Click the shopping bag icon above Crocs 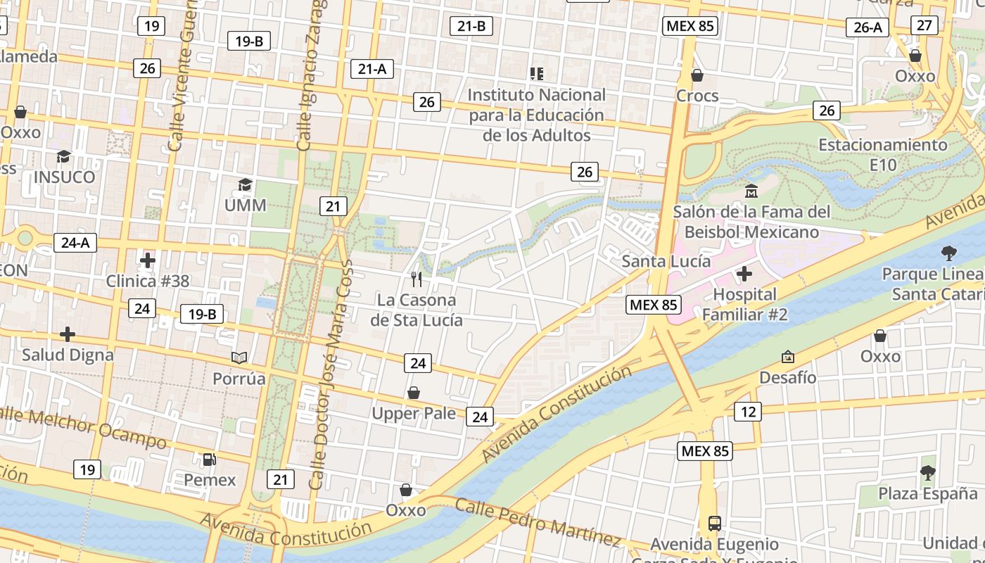click(697, 75)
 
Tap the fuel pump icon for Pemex click(210, 460)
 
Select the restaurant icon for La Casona click(417, 279)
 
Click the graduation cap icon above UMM click(245, 185)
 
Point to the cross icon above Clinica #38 click(147, 260)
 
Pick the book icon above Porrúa click(239, 358)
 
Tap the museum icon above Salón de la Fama click(751, 191)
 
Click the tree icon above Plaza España click(927, 473)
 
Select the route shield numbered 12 click(747, 411)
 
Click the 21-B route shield click(471, 26)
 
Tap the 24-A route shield click(75, 243)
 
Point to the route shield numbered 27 click(924, 25)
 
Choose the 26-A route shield click(868, 27)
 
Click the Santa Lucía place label click(666, 261)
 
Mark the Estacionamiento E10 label click(883, 155)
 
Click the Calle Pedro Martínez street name click(538, 521)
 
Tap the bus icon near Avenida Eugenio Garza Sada click(715, 523)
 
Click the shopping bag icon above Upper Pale click(414, 393)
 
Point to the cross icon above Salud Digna click(68, 334)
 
